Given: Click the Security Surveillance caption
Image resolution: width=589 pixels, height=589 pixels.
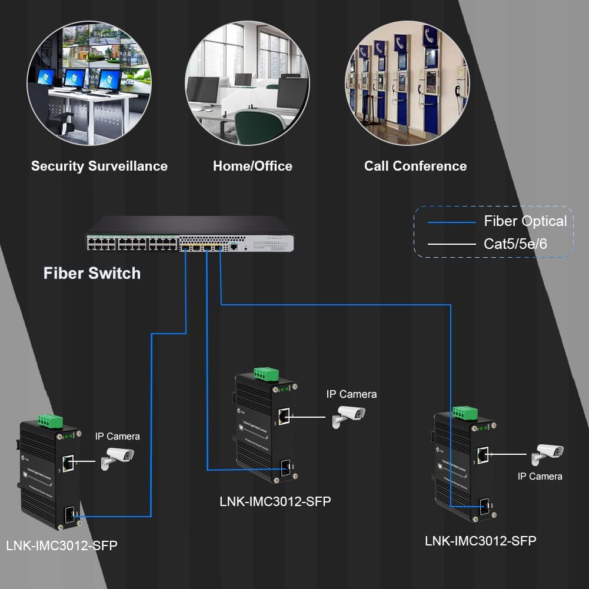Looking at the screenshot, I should [x=99, y=166].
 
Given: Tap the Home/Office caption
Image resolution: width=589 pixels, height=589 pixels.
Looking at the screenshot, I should [x=252, y=166].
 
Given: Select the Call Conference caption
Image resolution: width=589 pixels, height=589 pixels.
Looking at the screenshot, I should [x=415, y=166].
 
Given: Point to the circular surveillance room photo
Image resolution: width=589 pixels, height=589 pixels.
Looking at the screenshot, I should [x=89, y=82].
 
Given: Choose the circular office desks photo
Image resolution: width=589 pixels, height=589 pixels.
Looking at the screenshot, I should [x=247, y=82].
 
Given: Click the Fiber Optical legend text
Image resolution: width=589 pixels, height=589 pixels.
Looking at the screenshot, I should [x=525, y=221].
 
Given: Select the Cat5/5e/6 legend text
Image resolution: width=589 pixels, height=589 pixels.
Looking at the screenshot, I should [x=515, y=244].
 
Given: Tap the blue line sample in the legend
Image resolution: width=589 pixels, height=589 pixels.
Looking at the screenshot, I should [x=451, y=222].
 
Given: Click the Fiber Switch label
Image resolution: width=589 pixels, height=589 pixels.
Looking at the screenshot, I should [x=92, y=273].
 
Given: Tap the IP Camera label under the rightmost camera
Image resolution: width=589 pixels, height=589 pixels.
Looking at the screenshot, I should [x=540, y=476].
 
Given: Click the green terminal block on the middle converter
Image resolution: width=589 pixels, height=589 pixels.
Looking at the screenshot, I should [x=266, y=374].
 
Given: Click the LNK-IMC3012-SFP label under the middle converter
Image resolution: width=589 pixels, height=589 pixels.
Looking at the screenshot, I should [x=275, y=501].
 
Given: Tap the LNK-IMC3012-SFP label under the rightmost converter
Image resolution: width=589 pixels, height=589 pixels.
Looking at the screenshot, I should [x=481, y=541].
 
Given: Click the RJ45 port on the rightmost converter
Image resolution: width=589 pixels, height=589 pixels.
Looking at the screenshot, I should [x=483, y=454].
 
